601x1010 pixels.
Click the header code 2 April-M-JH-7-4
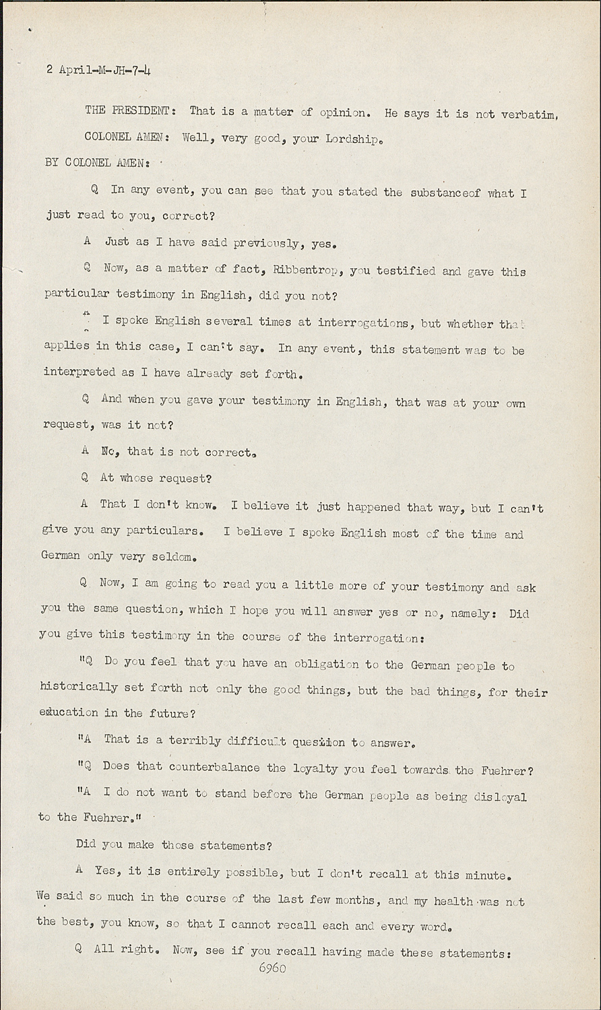tap(98, 69)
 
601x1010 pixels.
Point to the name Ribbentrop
tap(306, 271)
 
